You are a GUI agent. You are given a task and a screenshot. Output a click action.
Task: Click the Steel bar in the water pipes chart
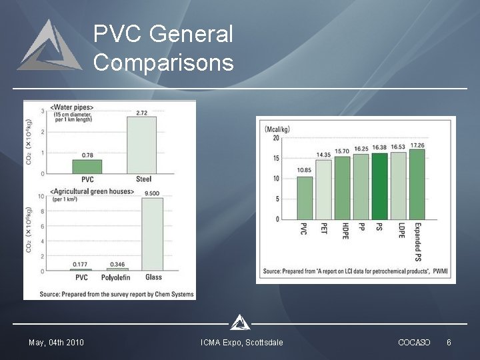click(141, 145)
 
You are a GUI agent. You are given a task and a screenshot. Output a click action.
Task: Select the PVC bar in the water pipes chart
click(87, 166)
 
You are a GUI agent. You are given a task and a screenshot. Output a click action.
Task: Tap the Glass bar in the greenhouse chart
click(152, 234)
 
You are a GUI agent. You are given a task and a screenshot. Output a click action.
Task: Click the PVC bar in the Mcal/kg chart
click(305, 197)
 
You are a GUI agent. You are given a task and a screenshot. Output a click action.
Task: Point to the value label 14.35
click(323, 155)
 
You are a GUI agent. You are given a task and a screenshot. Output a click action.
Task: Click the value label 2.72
click(141, 113)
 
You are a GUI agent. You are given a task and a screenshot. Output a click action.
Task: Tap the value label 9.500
click(152, 193)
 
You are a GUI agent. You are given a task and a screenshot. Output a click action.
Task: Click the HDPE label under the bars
click(345, 231)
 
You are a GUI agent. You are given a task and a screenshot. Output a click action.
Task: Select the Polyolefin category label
click(117, 277)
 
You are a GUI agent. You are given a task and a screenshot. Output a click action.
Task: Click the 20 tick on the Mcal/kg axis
click(276, 138)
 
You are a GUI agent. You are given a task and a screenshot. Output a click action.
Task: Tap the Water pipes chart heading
click(72, 107)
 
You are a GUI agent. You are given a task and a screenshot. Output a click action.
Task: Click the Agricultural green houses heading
click(92, 192)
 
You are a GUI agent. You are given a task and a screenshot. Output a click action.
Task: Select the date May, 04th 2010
click(56, 343)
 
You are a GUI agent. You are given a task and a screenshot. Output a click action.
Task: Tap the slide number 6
click(449, 343)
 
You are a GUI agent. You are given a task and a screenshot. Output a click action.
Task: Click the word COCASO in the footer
click(414, 343)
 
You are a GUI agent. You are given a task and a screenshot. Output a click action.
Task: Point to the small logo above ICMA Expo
click(240, 323)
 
